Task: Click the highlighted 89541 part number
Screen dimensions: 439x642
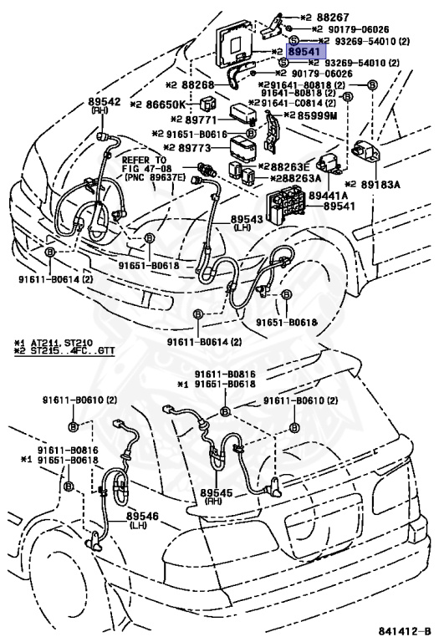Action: click(306, 52)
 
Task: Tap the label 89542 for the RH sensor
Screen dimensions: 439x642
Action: click(105, 101)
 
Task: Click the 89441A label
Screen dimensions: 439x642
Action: click(328, 196)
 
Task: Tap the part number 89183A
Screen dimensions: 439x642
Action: click(380, 185)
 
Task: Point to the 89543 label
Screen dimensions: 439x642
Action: click(247, 219)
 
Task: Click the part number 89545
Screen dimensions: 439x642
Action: click(217, 493)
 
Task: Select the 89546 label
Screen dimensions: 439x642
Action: click(142, 517)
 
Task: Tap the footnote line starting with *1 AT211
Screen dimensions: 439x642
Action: click(54, 342)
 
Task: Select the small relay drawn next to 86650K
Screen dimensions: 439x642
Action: click(207, 104)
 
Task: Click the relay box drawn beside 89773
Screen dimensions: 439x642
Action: click(242, 146)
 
